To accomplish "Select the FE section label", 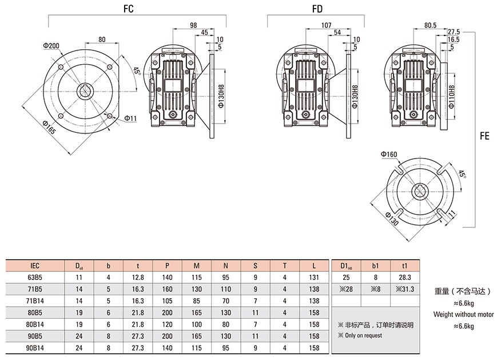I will click(x=484, y=137).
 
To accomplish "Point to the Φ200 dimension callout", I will click(x=51, y=46).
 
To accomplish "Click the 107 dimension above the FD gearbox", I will click(x=327, y=25).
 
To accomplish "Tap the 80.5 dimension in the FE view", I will click(x=431, y=25).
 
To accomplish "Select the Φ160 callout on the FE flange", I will click(x=388, y=154).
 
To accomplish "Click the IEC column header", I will click(x=35, y=266).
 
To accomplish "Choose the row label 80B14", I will click(x=35, y=325).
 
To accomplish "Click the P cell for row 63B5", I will click(x=167, y=278).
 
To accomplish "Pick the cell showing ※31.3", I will click(x=404, y=289).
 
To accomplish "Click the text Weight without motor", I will click(x=463, y=314).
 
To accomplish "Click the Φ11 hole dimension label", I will click(x=130, y=118).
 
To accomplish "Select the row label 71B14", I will click(x=35, y=301).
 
